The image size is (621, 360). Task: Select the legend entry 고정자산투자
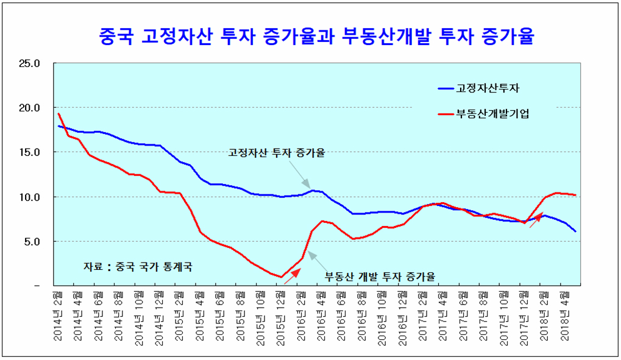tap(488, 89)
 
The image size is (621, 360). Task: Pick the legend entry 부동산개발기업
tap(492, 113)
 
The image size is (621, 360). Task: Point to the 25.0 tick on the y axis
tap(29, 63)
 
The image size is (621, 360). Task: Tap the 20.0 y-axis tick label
tap(29, 108)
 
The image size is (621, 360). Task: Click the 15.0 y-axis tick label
tap(29, 152)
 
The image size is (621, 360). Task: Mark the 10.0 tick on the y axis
tap(29, 197)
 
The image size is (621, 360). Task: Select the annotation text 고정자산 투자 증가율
tap(276, 152)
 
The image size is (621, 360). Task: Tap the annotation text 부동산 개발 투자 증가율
tap(380, 276)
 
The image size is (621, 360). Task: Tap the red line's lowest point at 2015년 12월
tap(282, 277)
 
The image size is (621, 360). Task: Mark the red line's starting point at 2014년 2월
tap(59, 114)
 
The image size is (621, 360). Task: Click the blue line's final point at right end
tap(575, 231)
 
